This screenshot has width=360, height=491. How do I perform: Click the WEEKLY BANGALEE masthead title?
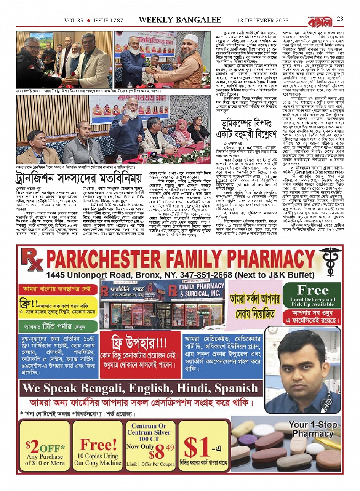coord(180,20)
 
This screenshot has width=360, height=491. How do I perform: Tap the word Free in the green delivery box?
coord(313,291)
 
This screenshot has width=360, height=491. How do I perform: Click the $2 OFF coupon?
coord(45,449)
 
